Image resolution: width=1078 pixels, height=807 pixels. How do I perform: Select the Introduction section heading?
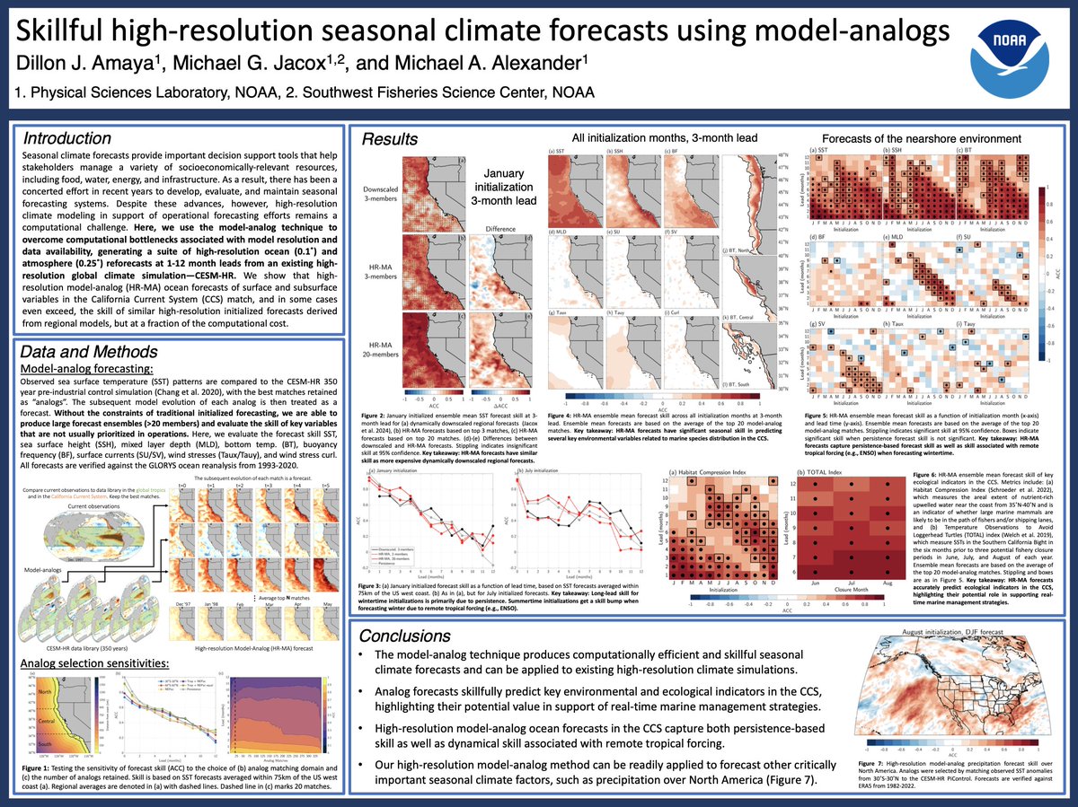click(67, 139)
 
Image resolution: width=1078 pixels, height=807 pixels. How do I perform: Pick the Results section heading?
click(389, 139)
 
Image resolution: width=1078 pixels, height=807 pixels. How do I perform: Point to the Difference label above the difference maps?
click(500, 228)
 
